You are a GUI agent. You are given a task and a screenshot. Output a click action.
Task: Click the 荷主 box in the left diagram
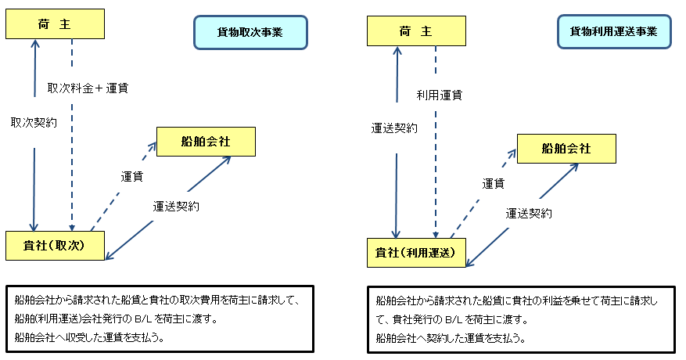(x=55, y=24)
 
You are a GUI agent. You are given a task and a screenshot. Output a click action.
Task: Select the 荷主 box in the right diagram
(x=415, y=31)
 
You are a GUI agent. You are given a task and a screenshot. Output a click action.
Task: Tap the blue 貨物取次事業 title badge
(x=250, y=33)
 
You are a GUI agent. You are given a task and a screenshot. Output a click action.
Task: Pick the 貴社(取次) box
(x=55, y=246)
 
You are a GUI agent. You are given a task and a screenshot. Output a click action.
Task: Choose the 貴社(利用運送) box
(x=416, y=252)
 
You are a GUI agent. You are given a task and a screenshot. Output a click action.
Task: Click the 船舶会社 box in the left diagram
(x=206, y=142)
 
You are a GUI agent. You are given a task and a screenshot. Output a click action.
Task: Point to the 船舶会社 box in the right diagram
(x=566, y=147)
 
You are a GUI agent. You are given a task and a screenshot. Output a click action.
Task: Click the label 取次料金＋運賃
(x=88, y=88)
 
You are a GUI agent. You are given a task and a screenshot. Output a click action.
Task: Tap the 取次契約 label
(x=34, y=123)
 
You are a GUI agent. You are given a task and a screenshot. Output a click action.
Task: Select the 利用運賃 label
(x=439, y=95)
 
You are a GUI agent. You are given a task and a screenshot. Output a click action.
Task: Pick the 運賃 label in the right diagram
(x=493, y=183)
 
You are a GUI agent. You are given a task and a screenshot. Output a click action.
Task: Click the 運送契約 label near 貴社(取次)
(x=176, y=207)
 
